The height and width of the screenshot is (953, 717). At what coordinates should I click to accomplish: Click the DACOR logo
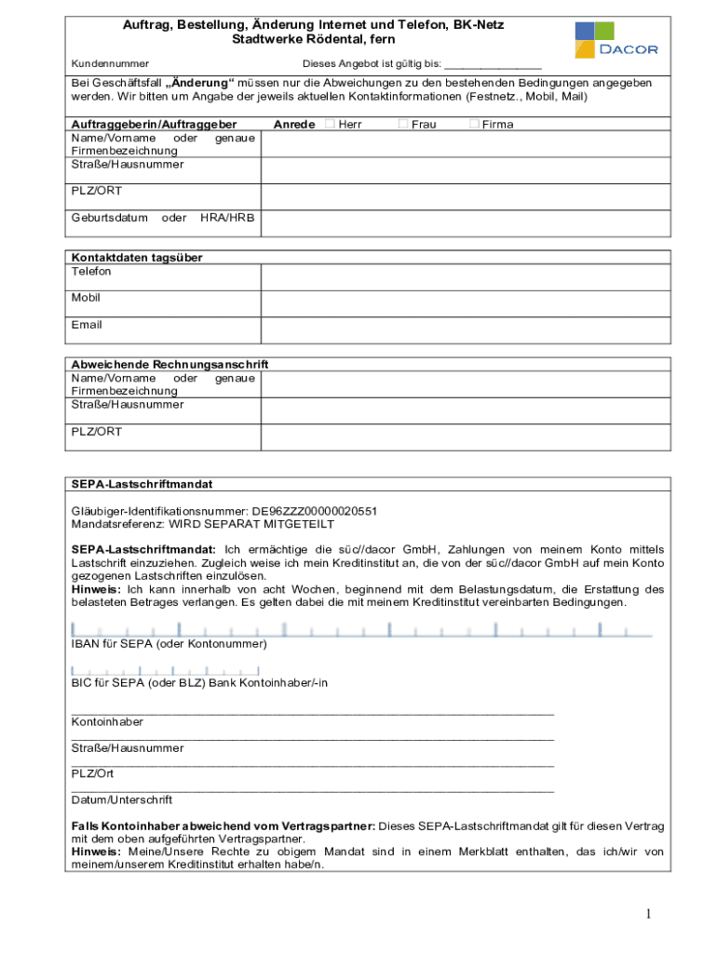(x=616, y=40)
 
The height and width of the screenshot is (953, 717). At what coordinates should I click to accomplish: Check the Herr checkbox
(x=330, y=124)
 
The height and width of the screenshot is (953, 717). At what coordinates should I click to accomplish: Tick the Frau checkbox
(x=403, y=124)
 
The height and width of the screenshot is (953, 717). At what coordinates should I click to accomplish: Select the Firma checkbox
(x=474, y=124)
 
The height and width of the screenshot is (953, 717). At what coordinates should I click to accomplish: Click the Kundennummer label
(x=110, y=63)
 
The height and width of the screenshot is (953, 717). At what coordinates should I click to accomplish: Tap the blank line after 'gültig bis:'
(x=493, y=64)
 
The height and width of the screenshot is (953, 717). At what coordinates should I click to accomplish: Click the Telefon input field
(x=465, y=277)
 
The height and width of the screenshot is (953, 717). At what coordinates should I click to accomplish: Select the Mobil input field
(x=465, y=304)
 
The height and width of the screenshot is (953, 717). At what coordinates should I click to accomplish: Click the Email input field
(x=465, y=331)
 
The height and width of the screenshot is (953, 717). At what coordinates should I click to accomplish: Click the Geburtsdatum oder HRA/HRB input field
(x=465, y=223)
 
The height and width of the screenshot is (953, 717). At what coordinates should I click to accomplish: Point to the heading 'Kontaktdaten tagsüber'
(x=137, y=257)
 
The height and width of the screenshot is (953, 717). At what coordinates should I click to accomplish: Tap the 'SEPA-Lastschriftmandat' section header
(x=142, y=485)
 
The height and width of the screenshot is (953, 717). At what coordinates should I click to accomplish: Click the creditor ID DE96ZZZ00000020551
(x=314, y=511)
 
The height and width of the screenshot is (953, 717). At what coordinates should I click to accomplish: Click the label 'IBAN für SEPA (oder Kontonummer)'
(x=169, y=644)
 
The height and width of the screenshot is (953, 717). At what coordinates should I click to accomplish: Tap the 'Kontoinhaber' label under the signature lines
(x=107, y=721)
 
